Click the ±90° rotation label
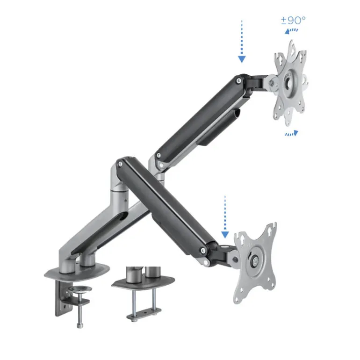coord(293,20)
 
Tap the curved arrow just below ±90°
coord(292,31)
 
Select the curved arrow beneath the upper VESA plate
coord(291,133)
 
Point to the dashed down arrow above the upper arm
coord(241,41)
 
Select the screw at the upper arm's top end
coord(239,81)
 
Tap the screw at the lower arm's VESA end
coord(203,253)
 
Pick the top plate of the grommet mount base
coord(143,281)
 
